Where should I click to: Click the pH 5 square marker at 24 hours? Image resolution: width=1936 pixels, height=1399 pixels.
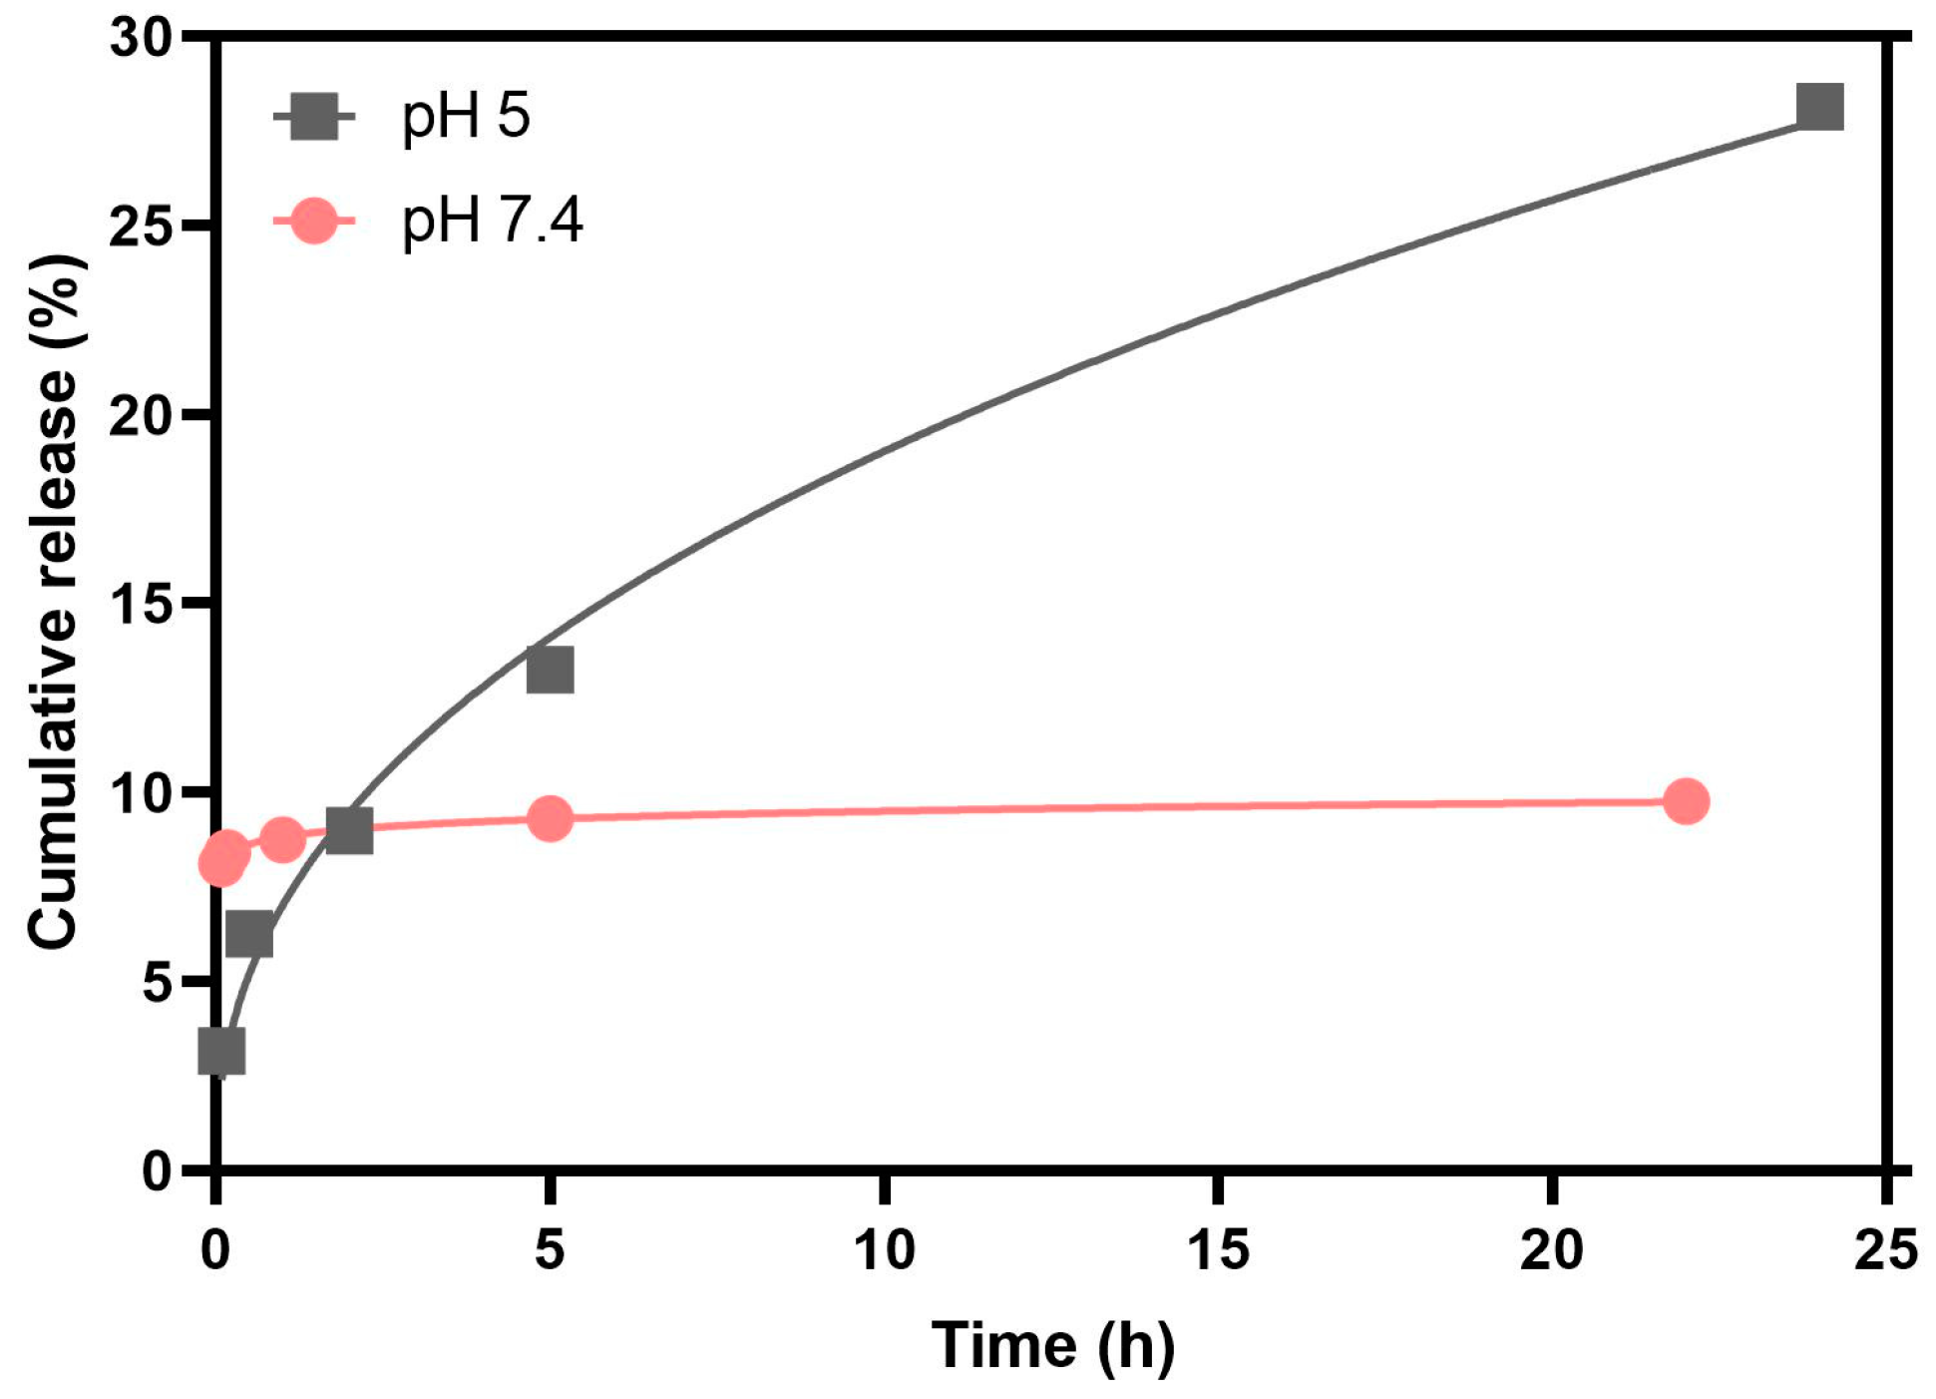tap(1818, 107)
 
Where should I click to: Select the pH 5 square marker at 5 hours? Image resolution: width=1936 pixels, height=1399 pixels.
tap(550, 670)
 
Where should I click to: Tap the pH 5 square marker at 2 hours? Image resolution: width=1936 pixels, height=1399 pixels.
tap(349, 830)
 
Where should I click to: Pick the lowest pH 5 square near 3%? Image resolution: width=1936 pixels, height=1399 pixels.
tap(221, 1051)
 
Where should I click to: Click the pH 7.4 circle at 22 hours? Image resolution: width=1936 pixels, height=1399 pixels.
tap(1686, 801)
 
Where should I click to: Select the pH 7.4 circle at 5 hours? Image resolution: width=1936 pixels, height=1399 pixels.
tap(550, 819)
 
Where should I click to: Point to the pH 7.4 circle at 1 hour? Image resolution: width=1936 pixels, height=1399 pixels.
tap(283, 840)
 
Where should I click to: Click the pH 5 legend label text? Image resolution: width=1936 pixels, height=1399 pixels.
tap(465, 117)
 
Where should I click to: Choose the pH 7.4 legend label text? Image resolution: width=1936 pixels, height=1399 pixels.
tap(491, 221)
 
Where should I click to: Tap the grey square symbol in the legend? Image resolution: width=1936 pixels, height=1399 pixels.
tap(314, 117)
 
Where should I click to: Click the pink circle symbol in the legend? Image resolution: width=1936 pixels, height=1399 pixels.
tap(314, 221)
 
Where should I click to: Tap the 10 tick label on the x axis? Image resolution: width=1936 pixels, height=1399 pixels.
tap(885, 1250)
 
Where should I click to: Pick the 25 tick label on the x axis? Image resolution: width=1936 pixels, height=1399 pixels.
tap(1885, 1250)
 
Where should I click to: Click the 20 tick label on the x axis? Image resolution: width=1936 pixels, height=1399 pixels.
tap(1552, 1250)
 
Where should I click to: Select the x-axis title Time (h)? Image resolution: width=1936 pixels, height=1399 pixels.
tap(1052, 1345)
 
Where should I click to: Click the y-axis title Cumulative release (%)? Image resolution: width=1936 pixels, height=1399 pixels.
tap(55, 603)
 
